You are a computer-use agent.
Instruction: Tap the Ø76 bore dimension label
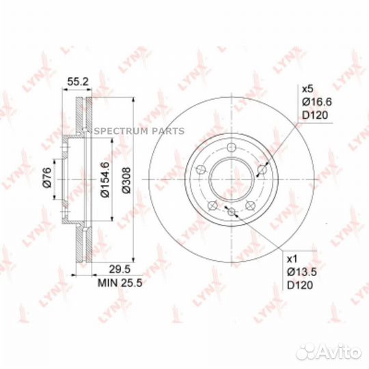(x=47, y=177)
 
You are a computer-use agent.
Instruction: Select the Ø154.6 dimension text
(x=105, y=180)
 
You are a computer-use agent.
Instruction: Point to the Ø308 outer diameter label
(x=126, y=180)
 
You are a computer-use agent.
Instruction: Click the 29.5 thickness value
(x=120, y=269)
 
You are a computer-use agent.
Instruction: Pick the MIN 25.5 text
(x=120, y=283)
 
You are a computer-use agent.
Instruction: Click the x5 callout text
(x=307, y=89)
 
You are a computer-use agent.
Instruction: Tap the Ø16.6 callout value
(x=317, y=102)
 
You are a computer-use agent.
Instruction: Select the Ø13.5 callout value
(x=302, y=272)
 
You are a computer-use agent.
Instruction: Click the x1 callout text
(x=292, y=260)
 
